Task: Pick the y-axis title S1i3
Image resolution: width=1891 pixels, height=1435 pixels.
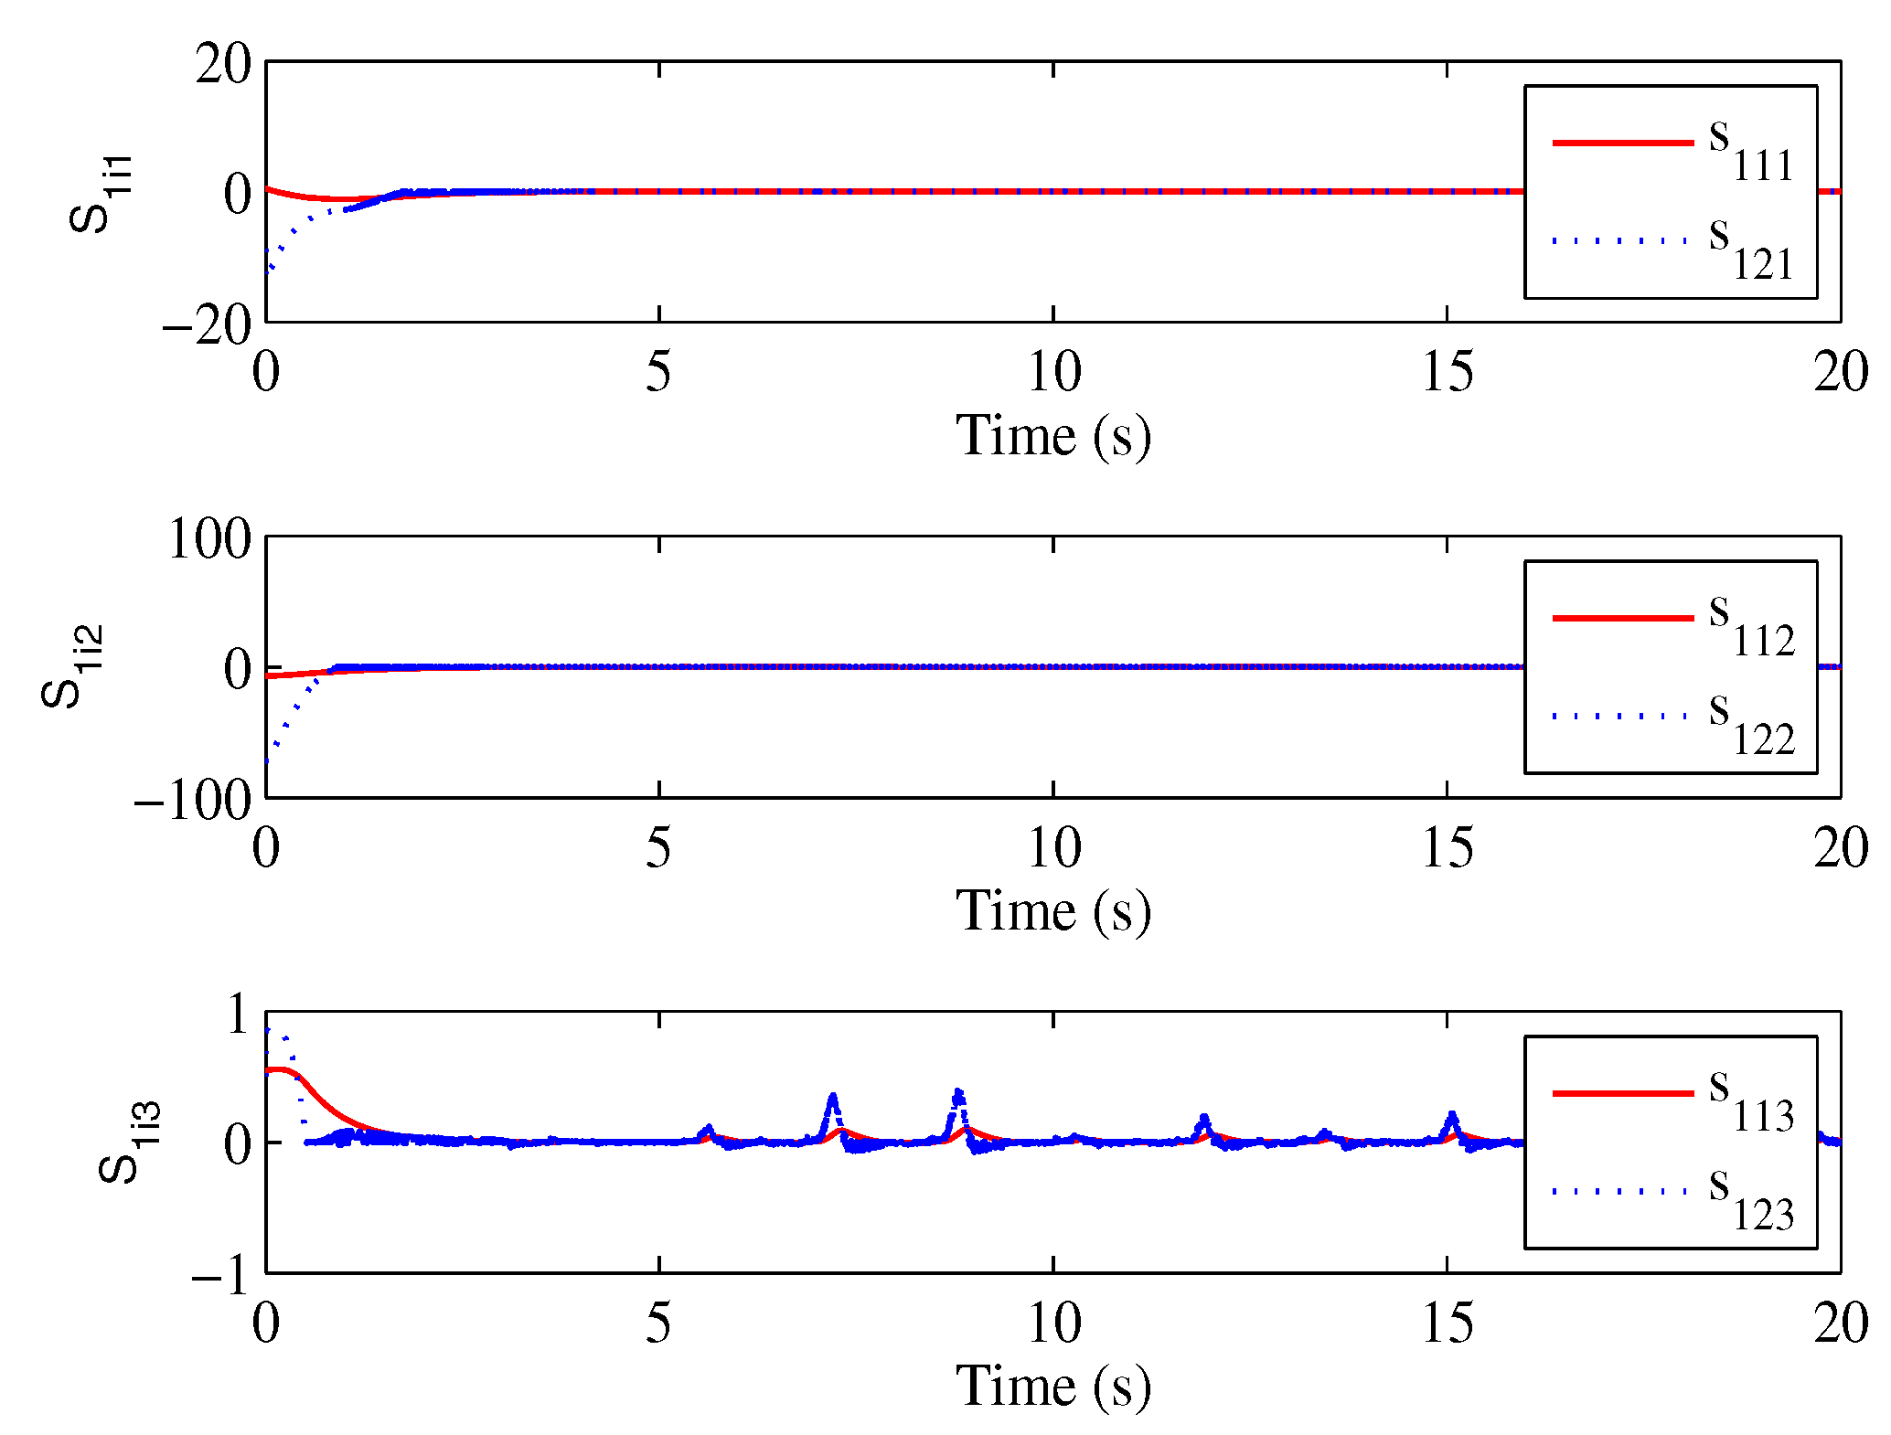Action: click(x=128, y=1143)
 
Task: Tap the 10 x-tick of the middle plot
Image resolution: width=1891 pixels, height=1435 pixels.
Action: click(x=1053, y=847)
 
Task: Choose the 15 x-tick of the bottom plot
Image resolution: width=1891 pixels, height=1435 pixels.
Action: click(x=1447, y=1323)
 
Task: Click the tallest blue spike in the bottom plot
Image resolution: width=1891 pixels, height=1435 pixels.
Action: click(x=957, y=1092)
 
